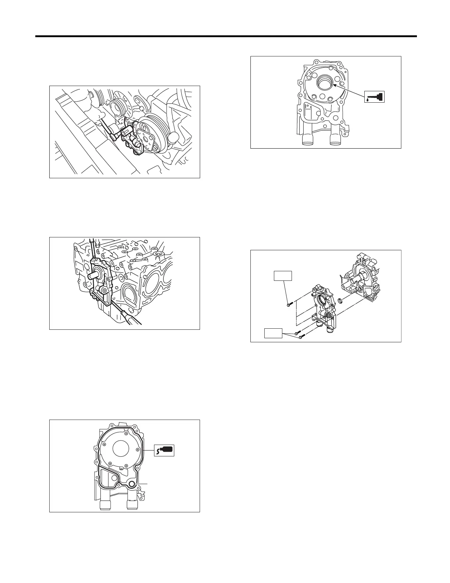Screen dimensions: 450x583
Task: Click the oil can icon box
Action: [x=375, y=96]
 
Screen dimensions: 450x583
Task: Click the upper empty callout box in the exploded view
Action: [x=283, y=276]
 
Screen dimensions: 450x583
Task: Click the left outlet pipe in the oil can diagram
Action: [x=307, y=139]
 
